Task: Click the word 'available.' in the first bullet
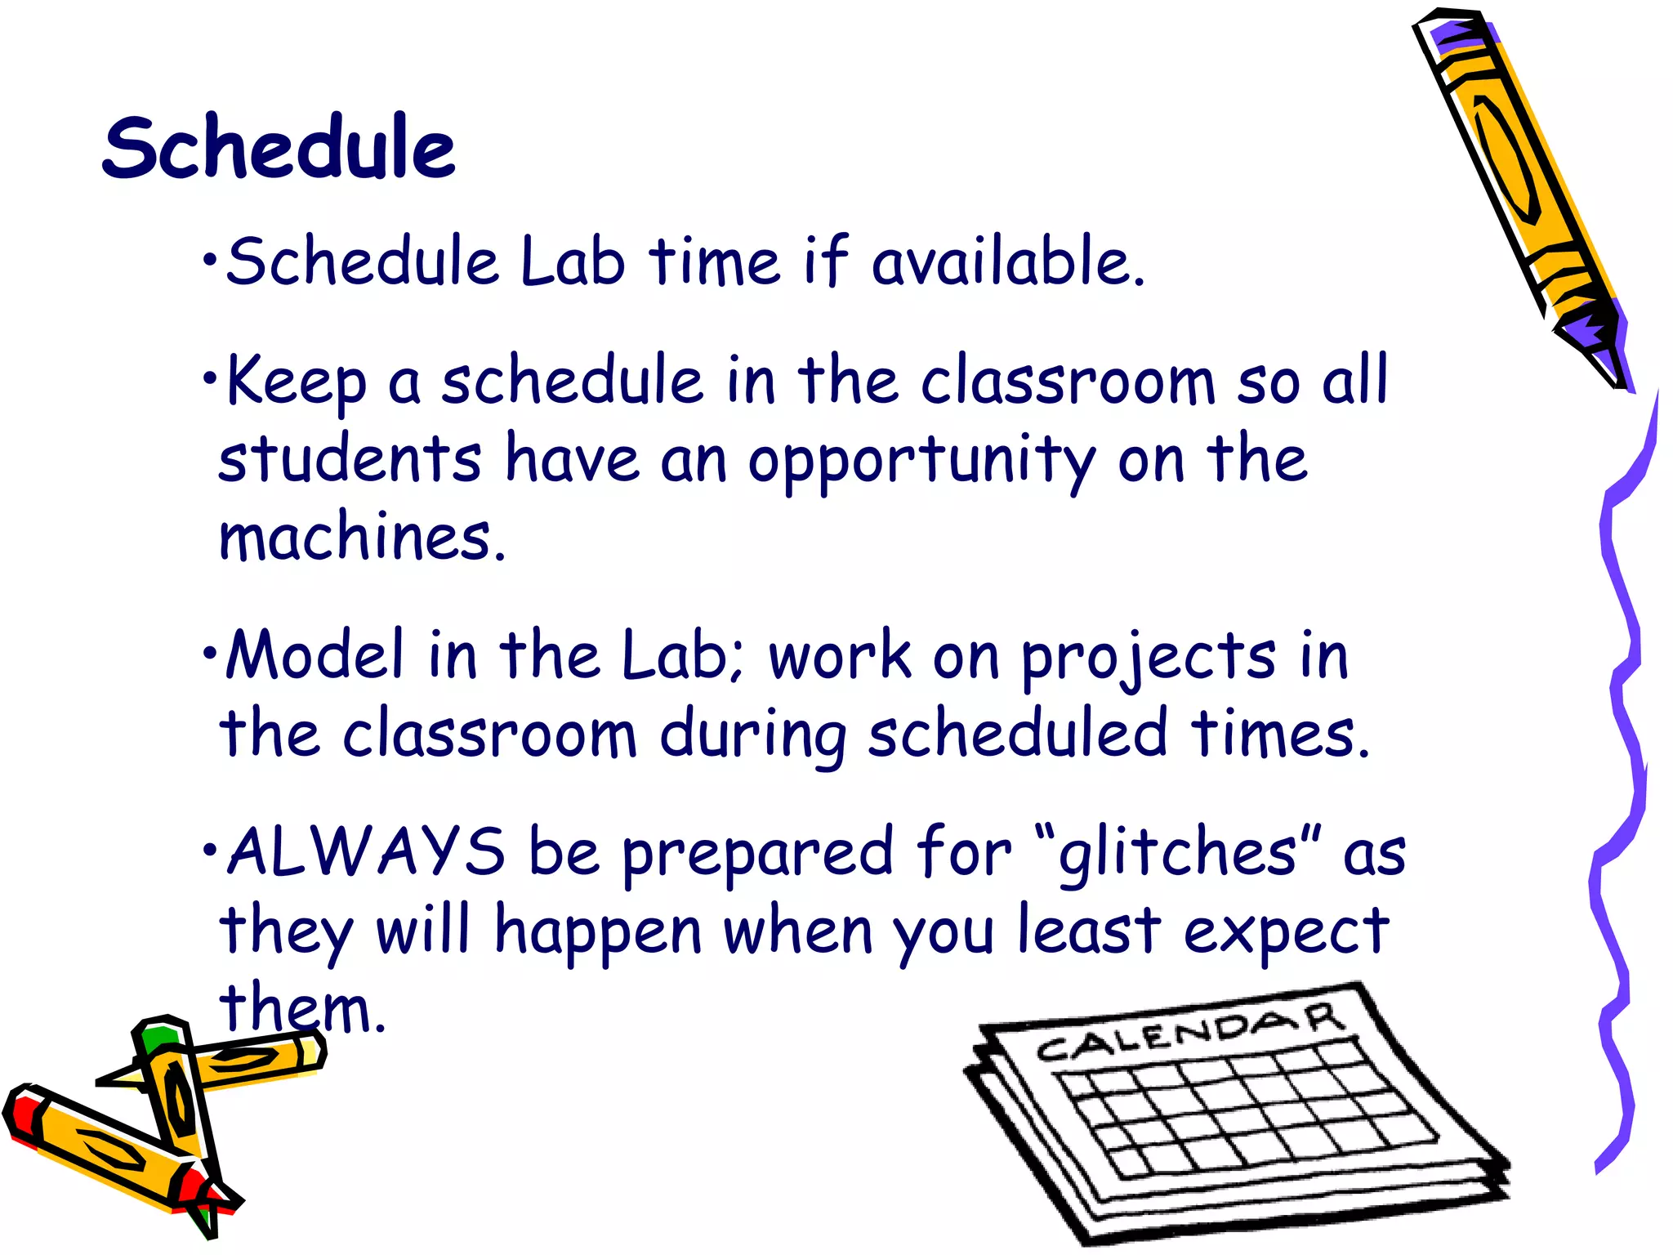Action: (x=1008, y=261)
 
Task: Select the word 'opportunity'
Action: (x=921, y=462)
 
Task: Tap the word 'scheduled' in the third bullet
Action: (x=1017, y=734)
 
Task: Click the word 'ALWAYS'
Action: (x=366, y=852)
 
